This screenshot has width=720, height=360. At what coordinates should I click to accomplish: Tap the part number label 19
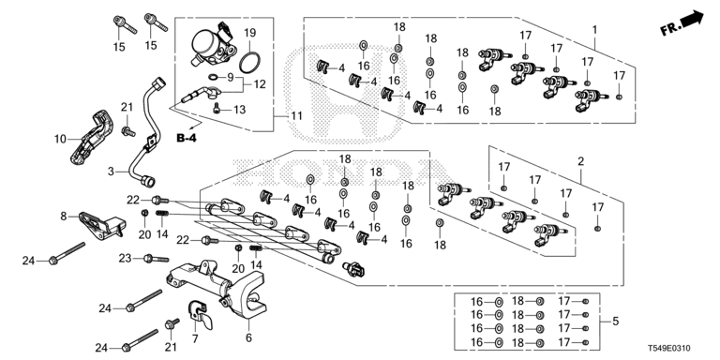click(249, 33)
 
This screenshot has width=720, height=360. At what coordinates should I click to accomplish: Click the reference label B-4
click(186, 137)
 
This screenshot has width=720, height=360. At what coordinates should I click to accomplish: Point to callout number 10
click(60, 139)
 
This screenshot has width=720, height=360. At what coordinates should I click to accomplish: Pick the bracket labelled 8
click(102, 225)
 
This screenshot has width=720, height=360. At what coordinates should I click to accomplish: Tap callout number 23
click(126, 259)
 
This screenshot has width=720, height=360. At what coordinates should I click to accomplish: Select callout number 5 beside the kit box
click(616, 321)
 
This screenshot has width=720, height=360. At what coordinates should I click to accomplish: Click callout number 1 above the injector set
click(594, 30)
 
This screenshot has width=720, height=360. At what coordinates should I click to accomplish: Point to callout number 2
click(581, 161)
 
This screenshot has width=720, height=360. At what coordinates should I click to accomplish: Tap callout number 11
click(296, 115)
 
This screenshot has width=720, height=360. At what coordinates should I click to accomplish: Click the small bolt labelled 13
click(217, 110)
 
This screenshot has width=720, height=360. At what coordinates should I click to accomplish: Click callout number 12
click(260, 84)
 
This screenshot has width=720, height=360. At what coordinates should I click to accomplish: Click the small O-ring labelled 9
click(214, 76)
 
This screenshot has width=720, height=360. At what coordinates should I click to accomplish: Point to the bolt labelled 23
click(157, 259)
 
